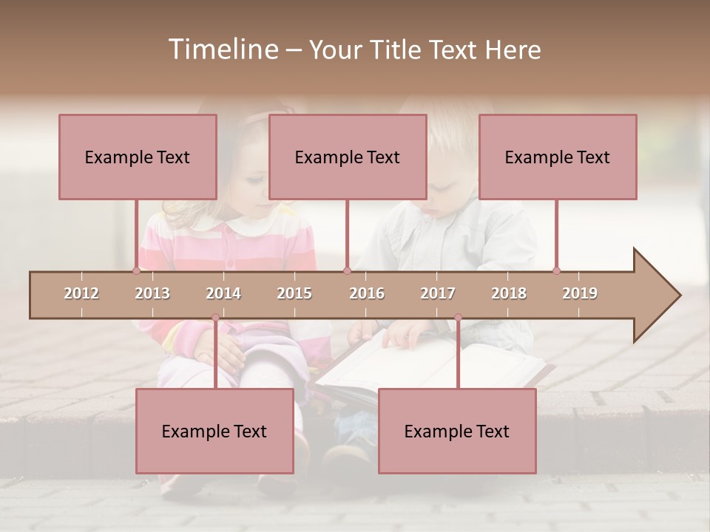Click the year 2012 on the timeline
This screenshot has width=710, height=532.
pos(81,293)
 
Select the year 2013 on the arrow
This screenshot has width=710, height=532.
pos(152,293)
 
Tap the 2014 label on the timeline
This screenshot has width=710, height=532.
pos(223,293)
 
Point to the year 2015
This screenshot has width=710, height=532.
pos(294,293)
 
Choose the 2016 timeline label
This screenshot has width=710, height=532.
pos(367,293)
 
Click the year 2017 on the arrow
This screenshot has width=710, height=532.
pos(438,293)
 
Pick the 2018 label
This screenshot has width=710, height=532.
pos(509,293)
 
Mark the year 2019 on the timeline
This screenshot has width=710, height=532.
pos(580,293)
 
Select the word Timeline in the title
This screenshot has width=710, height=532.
pos(222,50)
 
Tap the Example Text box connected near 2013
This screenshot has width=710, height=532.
pos(138,157)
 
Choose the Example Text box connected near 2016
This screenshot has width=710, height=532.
pos(348,157)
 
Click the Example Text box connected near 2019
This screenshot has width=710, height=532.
pos(558,157)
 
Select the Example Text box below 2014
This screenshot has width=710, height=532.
pos(214,431)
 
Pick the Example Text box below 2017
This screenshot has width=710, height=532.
pos(457,431)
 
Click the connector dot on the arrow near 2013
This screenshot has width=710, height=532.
pos(137,271)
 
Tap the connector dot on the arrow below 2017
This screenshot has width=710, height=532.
pos(458,318)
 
